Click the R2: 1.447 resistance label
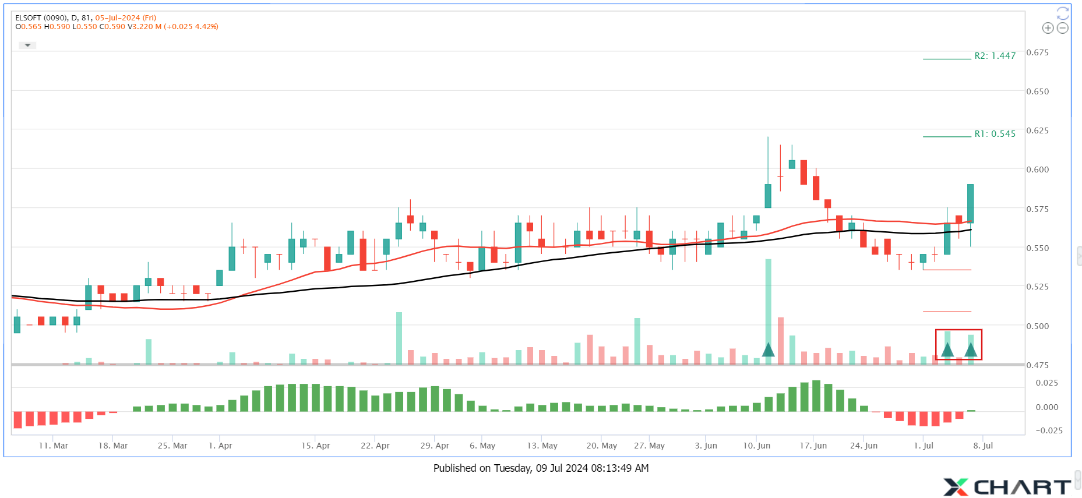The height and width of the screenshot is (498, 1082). (x=995, y=56)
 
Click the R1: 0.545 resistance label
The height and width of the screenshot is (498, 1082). (x=995, y=134)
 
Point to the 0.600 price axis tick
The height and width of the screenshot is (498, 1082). (x=1038, y=169)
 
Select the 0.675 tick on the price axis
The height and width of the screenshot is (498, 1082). (x=1038, y=52)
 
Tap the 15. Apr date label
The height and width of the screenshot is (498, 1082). (x=315, y=446)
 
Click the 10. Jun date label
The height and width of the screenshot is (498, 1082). (x=756, y=446)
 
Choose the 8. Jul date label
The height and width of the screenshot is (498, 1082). (x=983, y=446)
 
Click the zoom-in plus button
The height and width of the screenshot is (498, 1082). (x=1048, y=28)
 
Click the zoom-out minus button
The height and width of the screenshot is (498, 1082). (x=1063, y=28)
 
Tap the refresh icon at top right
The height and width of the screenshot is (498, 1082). (x=1063, y=13)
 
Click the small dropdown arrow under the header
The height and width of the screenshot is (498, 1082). (x=27, y=45)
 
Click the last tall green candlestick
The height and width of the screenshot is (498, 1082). (x=970, y=203)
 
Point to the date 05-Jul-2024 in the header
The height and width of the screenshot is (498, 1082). (x=125, y=18)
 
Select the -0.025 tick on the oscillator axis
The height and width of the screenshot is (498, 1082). (x=1049, y=430)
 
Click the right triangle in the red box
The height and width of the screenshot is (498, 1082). (x=971, y=349)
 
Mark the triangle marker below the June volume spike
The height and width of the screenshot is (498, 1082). (x=768, y=349)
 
